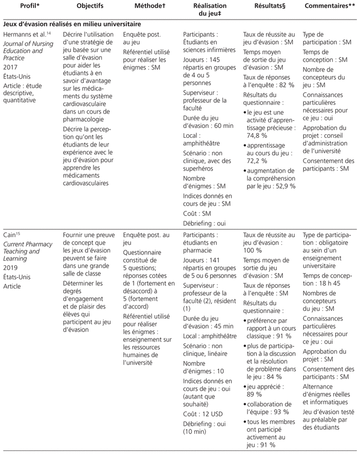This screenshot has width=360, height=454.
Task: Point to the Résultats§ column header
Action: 268,7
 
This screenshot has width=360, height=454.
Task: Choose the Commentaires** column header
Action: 329,7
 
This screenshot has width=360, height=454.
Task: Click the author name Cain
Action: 12,233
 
